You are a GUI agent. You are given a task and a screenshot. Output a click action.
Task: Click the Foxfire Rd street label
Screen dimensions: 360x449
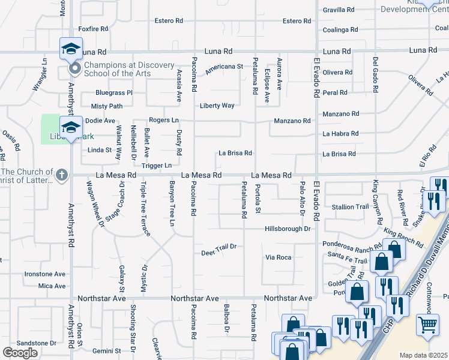click(x=93, y=29)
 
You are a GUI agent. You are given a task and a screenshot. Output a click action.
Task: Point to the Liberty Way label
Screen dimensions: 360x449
click(x=217, y=106)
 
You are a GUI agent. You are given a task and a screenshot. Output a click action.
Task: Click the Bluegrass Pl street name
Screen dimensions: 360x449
click(x=113, y=93)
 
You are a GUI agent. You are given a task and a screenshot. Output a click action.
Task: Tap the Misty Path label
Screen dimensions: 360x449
click(x=106, y=106)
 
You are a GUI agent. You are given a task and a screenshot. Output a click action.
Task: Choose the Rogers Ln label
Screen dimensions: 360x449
click(x=164, y=120)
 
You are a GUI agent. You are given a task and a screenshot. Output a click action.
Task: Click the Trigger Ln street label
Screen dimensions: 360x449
click(x=157, y=165)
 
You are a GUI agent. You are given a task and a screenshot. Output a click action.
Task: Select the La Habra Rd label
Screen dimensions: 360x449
click(x=340, y=133)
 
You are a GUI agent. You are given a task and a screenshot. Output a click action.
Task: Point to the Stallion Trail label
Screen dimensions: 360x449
click(x=350, y=207)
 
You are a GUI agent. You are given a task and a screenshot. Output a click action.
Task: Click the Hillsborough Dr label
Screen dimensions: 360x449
click(x=288, y=229)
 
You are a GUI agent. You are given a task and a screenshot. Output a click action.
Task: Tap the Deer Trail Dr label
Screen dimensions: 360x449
click(x=219, y=247)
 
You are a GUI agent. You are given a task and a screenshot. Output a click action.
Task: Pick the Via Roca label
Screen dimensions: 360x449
click(x=279, y=257)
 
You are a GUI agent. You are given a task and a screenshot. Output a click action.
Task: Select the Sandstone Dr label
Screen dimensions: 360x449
click(x=36, y=343)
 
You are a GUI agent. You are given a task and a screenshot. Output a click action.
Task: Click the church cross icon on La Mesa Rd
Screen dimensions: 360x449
click(x=61, y=175)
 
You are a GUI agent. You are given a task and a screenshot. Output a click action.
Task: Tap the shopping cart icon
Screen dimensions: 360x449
click(x=427, y=325)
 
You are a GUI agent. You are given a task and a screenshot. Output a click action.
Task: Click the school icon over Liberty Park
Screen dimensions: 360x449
click(x=71, y=127)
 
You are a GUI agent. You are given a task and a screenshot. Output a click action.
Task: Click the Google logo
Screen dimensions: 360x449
click(x=20, y=352)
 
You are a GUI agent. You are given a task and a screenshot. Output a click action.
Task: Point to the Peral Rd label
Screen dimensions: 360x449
click(x=335, y=93)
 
